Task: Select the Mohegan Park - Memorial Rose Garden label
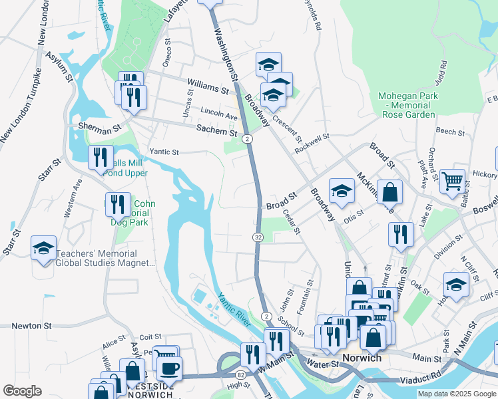(408, 105)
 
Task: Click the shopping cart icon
(452, 180)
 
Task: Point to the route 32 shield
(258, 237)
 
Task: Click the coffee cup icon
(168, 367)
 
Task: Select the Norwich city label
(362, 358)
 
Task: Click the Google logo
(22, 390)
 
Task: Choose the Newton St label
(31, 326)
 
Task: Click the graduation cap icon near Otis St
(341, 191)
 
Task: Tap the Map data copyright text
(456, 394)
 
